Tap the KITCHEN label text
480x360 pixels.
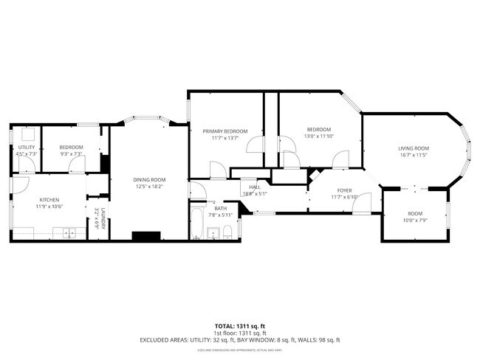tap(49, 199)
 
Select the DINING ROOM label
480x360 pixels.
tap(149, 180)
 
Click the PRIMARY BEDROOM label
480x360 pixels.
tap(224, 131)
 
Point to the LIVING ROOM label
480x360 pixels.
tap(414, 148)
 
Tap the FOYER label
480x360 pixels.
tap(345, 190)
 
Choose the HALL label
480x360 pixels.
tap(255, 187)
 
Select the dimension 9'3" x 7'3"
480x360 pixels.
tap(72, 154)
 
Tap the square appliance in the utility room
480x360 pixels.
tap(29, 134)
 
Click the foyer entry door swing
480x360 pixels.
tap(361, 204)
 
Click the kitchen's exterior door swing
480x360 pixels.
tap(20, 185)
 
